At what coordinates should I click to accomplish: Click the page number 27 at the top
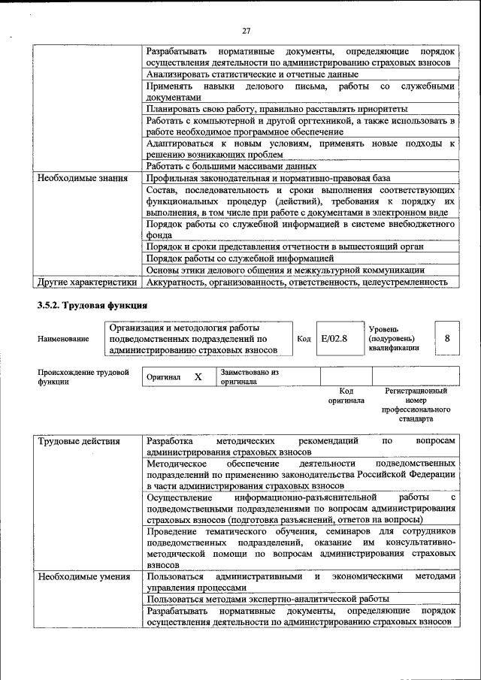(x=246, y=31)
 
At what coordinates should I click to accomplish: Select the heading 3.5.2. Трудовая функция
(x=92, y=305)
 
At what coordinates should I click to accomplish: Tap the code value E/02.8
(x=334, y=339)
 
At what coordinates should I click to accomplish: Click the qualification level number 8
(x=447, y=339)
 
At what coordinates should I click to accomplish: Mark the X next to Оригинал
(x=198, y=377)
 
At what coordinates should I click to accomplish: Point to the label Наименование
(x=62, y=339)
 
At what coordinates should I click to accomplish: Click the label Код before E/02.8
(x=304, y=339)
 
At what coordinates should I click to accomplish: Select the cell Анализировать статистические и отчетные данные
(x=253, y=74)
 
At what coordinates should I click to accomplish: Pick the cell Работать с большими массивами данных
(x=231, y=166)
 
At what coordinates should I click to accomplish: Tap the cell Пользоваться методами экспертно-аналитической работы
(x=268, y=599)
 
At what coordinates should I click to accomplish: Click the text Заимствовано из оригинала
(x=249, y=376)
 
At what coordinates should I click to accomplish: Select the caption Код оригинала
(x=346, y=396)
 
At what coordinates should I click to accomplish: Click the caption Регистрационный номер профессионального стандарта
(x=416, y=405)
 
